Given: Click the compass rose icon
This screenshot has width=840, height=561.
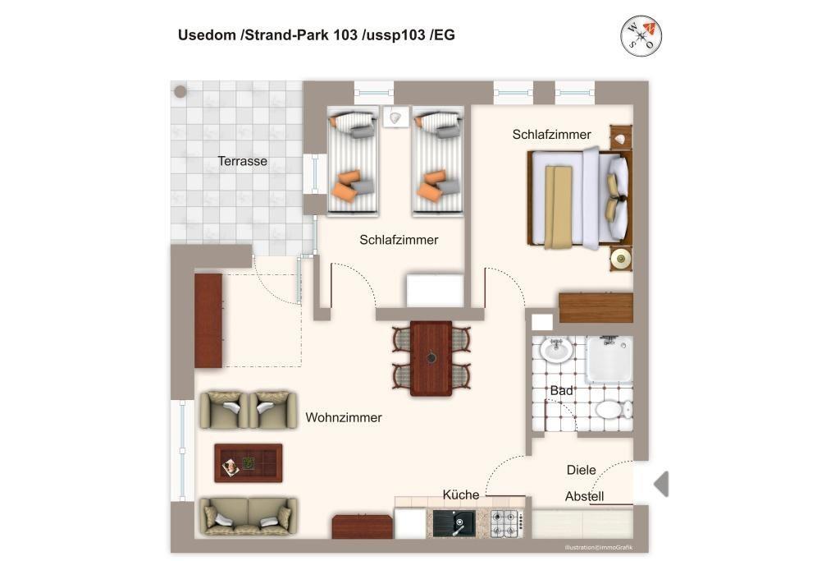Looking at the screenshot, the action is click(641, 36).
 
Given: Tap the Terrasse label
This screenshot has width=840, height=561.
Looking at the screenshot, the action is click(242, 161).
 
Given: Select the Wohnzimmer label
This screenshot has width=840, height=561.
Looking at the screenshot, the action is click(344, 417).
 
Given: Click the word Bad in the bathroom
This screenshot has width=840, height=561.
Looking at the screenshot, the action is click(561, 390).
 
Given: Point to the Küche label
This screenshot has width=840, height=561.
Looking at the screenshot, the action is click(461, 494).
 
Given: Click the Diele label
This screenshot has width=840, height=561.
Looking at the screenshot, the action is click(582, 470).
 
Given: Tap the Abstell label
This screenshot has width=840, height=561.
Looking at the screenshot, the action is click(584, 496).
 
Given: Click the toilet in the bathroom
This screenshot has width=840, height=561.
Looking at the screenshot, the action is click(614, 411).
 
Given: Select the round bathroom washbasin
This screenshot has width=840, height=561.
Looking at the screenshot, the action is click(556, 350).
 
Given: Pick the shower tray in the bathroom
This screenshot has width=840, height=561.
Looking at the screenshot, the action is click(609, 359).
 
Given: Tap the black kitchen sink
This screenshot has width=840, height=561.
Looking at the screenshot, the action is click(454, 523).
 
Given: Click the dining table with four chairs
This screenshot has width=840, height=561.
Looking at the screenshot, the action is click(431, 358).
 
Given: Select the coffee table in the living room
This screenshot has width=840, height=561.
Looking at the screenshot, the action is click(248, 463).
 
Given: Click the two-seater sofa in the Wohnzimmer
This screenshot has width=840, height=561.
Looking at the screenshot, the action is click(248, 517).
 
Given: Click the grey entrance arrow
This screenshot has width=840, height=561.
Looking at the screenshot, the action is click(661, 484).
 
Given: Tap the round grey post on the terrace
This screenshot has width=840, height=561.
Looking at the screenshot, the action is click(180, 91).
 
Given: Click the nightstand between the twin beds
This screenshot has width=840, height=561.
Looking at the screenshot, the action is click(395, 117).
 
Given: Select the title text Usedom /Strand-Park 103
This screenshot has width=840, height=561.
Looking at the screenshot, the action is click(268, 35).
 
